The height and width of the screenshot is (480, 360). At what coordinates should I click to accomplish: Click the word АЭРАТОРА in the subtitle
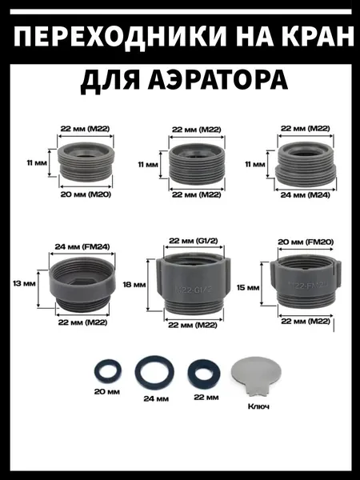point(218,81)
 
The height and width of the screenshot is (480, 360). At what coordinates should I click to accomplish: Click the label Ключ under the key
point(258,406)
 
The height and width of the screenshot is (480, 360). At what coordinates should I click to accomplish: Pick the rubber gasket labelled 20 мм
point(107,372)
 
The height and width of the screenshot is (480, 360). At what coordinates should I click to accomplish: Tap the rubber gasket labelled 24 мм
point(154,373)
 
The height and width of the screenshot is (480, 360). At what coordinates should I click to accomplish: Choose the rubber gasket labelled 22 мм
point(204,373)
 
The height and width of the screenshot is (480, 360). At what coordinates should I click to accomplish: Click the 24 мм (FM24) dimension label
point(82,246)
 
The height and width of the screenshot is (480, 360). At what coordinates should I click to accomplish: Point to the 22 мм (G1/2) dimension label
point(194,241)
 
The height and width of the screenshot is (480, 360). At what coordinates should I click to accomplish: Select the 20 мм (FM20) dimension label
point(306,242)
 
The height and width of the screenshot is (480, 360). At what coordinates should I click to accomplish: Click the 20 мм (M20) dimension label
point(86,194)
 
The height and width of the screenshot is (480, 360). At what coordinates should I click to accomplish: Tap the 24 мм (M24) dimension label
point(306,194)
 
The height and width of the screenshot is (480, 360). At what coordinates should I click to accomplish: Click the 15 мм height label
point(248,287)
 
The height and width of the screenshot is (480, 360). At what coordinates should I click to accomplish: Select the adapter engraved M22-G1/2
point(194,283)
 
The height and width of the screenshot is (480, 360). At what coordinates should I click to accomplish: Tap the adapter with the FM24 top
point(82,284)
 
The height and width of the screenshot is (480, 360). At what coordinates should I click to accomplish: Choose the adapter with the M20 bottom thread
point(86,162)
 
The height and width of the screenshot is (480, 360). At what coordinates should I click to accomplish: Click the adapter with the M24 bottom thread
point(306,164)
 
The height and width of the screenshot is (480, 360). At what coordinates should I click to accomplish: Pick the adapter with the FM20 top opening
point(306,281)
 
